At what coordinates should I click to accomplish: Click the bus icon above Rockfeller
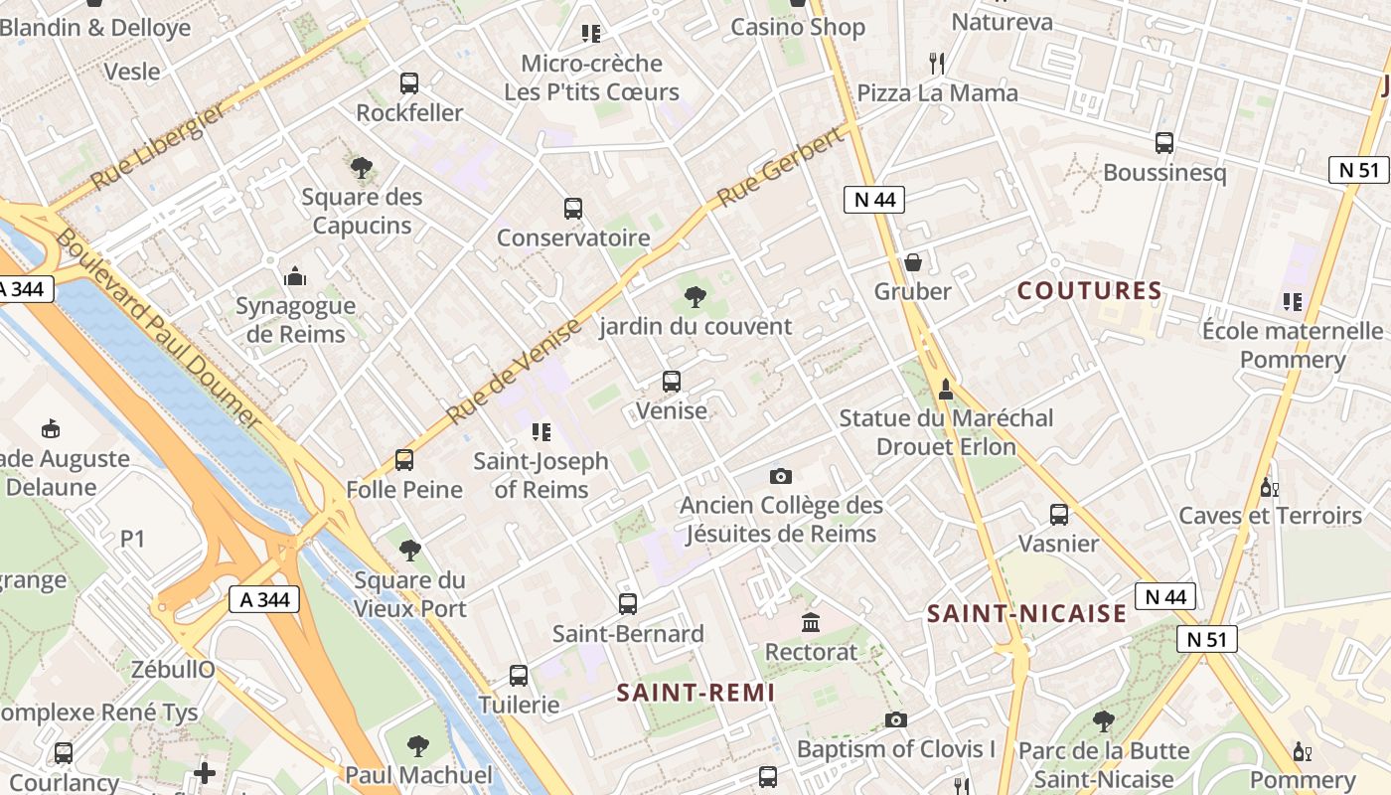[408, 83]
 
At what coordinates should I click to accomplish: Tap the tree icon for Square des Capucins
[362, 168]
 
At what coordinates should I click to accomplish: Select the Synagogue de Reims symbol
[295, 276]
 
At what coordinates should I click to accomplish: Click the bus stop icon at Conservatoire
[572, 209]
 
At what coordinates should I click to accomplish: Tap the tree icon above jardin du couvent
[695, 296]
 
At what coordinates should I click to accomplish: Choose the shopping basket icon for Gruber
[912, 262]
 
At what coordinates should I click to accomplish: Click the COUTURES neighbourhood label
[1090, 291]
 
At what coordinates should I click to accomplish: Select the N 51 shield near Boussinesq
[1358, 170]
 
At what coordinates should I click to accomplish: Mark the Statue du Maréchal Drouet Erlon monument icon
[946, 389]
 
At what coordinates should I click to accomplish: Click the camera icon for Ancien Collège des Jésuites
[781, 476]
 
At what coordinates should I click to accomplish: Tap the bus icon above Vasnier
[1059, 515]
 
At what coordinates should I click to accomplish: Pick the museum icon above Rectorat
[811, 623]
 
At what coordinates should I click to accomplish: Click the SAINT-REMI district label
[695, 693]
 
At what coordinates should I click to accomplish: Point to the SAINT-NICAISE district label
[1027, 613]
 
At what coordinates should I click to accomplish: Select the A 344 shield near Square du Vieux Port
[264, 599]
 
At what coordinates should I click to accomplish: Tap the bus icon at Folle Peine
[403, 460]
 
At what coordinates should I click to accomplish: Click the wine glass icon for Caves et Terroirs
[1268, 487]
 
